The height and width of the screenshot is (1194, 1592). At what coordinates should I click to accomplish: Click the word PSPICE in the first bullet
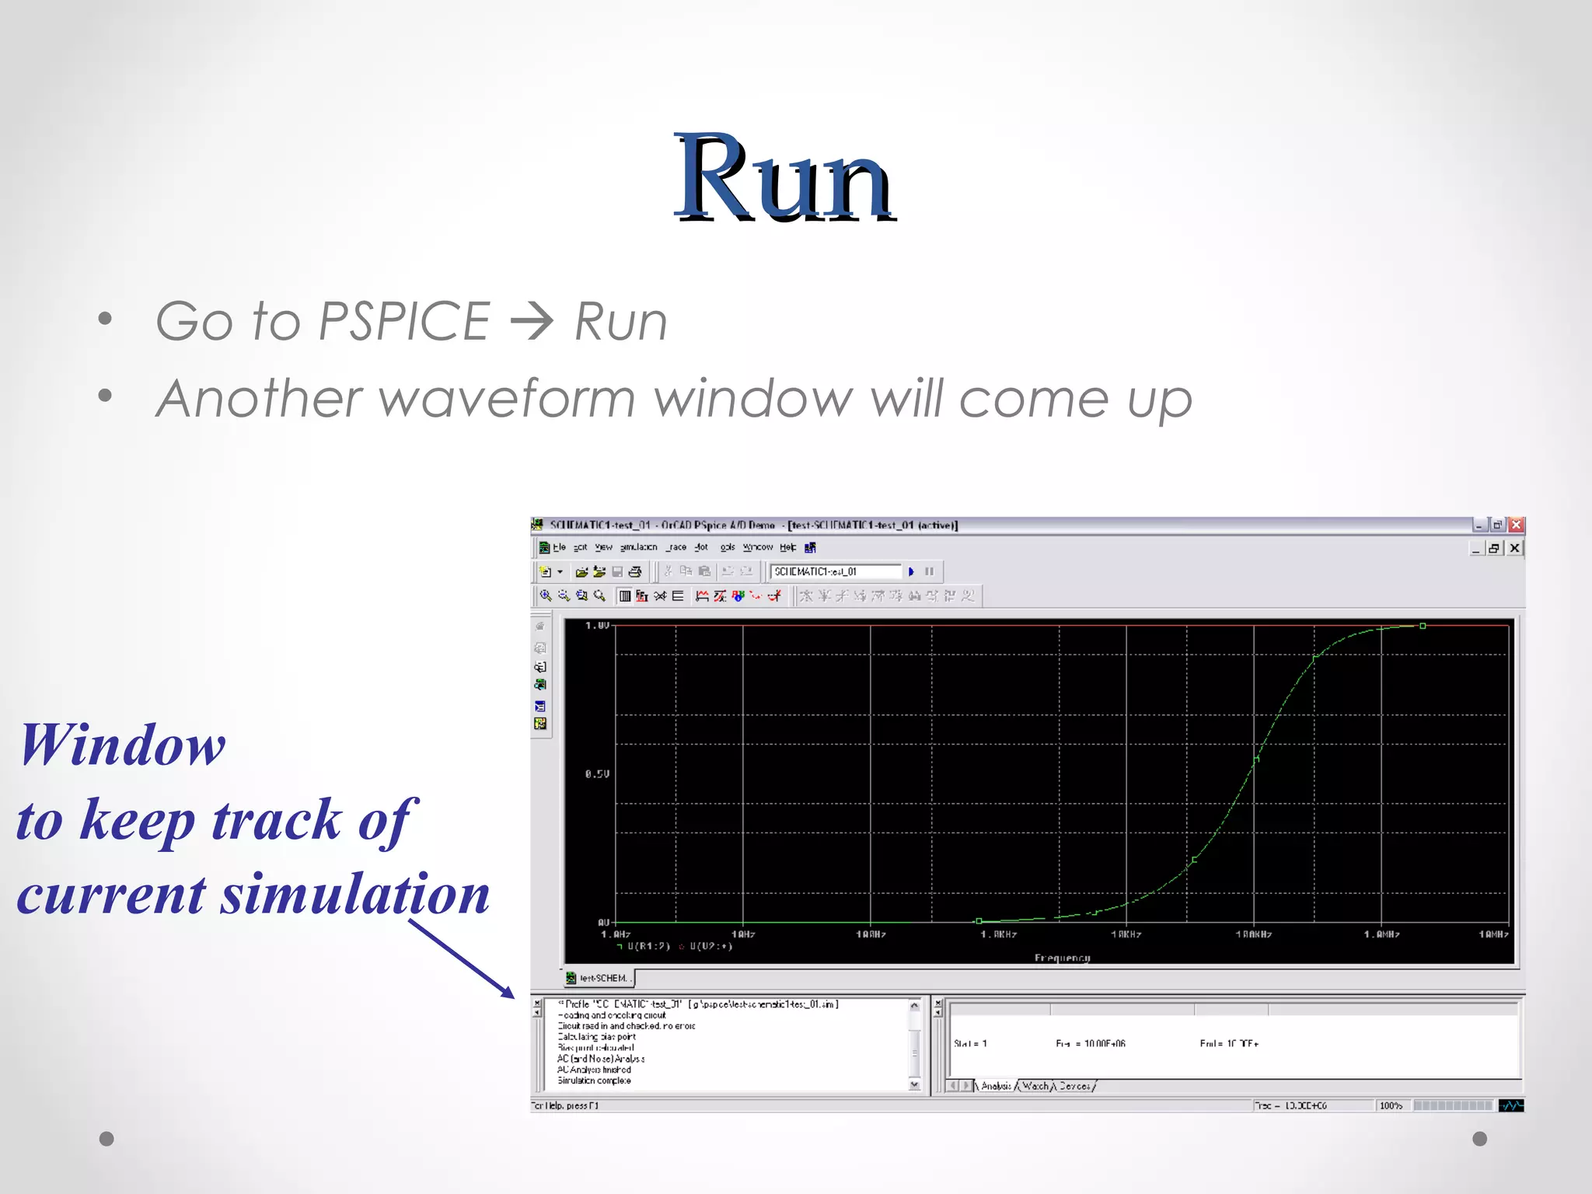(x=403, y=321)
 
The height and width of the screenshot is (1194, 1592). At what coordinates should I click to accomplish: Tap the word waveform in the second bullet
(x=508, y=399)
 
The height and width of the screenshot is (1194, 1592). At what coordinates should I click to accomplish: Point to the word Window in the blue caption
(x=123, y=745)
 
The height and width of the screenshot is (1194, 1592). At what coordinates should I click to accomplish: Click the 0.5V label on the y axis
(x=597, y=774)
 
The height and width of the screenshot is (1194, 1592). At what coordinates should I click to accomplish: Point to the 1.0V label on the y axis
(x=597, y=626)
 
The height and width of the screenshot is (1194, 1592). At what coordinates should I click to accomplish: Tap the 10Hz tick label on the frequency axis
(x=742, y=934)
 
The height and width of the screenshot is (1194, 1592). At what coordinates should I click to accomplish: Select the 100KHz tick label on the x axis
(x=1253, y=934)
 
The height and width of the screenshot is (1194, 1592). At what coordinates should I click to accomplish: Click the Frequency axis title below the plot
(x=1062, y=958)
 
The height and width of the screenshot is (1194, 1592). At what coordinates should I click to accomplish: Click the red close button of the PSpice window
(x=1516, y=525)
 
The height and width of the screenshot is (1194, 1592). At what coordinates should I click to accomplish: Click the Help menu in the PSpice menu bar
(x=787, y=547)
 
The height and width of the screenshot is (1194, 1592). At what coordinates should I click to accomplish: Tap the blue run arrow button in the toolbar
(x=911, y=571)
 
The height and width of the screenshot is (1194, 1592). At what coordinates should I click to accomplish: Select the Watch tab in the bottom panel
(x=1035, y=1086)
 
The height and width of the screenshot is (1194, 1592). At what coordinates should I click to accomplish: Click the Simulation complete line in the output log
(x=594, y=1081)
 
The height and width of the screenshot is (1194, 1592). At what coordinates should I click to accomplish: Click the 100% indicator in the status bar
(x=1391, y=1105)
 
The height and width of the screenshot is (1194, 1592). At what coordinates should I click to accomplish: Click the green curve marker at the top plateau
(x=1423, y=626)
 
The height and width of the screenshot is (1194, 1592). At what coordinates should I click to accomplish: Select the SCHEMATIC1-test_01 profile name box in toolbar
(x=835, y=571)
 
